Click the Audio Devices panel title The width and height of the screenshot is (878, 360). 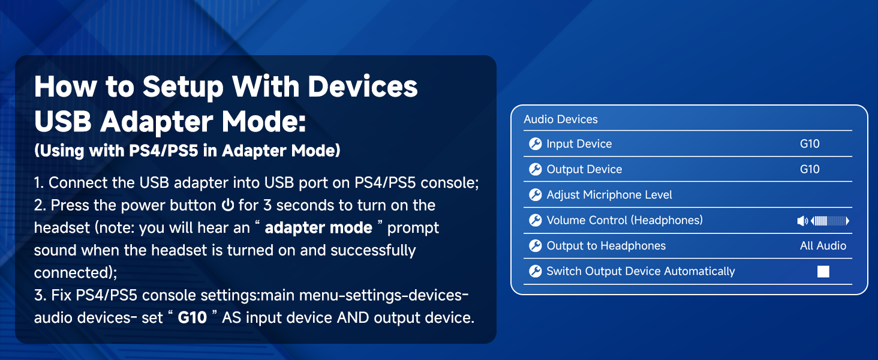click(561, 119)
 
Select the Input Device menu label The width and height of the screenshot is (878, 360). click(579, 144)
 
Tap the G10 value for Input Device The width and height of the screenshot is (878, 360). click(810, 144)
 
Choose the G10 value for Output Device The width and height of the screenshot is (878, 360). click(810, 169)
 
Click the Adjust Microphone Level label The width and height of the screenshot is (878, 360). click(609, 195)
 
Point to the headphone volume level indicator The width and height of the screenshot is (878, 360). click(823, 221)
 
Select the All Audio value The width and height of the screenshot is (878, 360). click(823, 246)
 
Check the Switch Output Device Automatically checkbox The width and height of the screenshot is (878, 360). click(823, 272)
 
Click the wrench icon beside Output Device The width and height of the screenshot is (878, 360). click(535, 170)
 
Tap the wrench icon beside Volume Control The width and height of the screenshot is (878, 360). click(535, 221)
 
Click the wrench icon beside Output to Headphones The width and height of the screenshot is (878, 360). click(535, 246)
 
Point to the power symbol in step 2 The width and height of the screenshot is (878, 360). click(227, 206)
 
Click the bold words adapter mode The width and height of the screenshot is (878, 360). click(318, 228)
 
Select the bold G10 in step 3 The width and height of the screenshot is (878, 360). click(192, 317)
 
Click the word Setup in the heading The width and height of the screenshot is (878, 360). click(182, 87)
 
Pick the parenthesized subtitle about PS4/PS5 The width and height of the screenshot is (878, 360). click(187, 151)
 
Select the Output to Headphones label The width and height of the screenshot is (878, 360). click(606, 246)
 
